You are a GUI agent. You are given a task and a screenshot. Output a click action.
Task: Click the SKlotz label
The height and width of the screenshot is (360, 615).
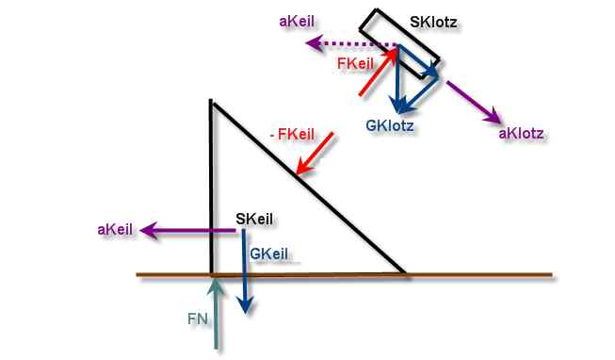[x=433, y=22]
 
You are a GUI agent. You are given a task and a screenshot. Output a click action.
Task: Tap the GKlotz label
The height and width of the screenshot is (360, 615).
[x=390, y=126]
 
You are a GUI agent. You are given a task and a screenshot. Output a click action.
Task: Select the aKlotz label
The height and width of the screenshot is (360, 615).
[x=521, y=134]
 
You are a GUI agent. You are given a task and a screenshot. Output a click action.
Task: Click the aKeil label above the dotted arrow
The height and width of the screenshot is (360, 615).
[x=297, y=21]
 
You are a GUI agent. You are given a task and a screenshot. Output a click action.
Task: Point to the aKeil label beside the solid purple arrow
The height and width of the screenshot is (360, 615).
[x=115, y=230]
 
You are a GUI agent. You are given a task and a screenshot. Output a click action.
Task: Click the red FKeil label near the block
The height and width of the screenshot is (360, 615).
[x=355, y=63]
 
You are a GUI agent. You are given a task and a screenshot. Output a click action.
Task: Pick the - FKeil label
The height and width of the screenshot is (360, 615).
[x=293, y=135]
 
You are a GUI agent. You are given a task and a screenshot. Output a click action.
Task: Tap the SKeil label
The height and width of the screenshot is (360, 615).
[x=254, y=219]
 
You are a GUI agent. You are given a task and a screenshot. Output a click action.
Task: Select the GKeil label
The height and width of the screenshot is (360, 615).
[x=268, y=254]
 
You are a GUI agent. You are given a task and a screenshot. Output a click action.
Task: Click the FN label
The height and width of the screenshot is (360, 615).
[x=197, y=319]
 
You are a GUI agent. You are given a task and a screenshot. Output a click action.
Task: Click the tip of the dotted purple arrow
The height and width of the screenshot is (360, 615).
[x=306, y=43]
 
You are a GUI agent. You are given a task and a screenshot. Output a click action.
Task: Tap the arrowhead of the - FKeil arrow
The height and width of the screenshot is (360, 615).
[x=298, y=172]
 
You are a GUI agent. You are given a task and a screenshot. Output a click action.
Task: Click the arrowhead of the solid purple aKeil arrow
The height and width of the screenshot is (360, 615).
[x=141, y=231]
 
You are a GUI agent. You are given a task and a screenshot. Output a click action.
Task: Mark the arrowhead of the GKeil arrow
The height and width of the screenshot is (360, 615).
[x=246, y=313]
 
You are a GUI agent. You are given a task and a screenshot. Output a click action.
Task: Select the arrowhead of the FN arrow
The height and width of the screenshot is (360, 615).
[x=216, y=281]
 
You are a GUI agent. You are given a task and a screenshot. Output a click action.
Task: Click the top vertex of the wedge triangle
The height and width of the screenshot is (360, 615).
[x=211, y=102]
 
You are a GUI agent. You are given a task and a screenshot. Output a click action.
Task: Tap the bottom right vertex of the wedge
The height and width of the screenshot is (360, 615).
[x=405, y=272]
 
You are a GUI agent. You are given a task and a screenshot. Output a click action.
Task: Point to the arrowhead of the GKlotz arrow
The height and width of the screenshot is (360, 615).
[x=397, y=112]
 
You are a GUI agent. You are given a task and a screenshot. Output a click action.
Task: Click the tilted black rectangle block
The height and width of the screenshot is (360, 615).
[x=399, y=44]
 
